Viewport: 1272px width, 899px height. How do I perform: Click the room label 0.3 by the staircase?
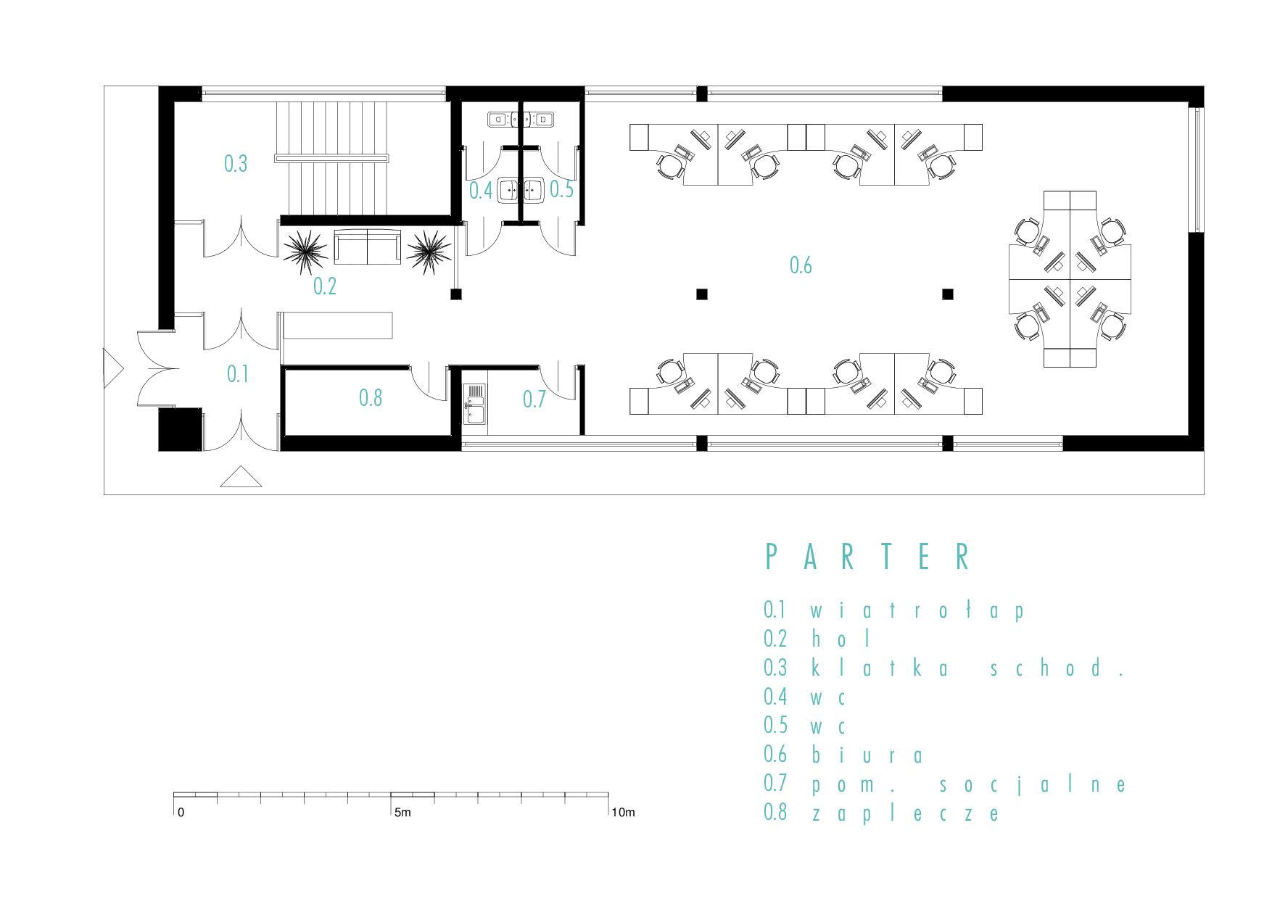pos(236,164)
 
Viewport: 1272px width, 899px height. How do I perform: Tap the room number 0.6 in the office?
pos(801,265)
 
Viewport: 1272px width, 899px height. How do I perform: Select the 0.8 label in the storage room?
pos(371,397)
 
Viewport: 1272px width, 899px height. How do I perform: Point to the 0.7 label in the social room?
pos(534,399)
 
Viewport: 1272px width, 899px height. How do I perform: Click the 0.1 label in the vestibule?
pos(238,374)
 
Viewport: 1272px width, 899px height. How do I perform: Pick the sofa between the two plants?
pos(368,247)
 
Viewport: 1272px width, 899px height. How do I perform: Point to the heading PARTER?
pos(868,557)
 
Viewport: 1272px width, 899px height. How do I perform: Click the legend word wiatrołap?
pos(917,610)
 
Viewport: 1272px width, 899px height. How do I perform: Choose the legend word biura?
pos(867,755)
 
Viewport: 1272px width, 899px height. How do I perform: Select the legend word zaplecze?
pos(905,813)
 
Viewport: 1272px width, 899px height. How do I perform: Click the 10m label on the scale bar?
pos(623,813)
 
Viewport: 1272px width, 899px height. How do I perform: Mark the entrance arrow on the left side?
pos(114,367)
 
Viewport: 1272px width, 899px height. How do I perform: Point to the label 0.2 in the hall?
pos(325,286)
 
